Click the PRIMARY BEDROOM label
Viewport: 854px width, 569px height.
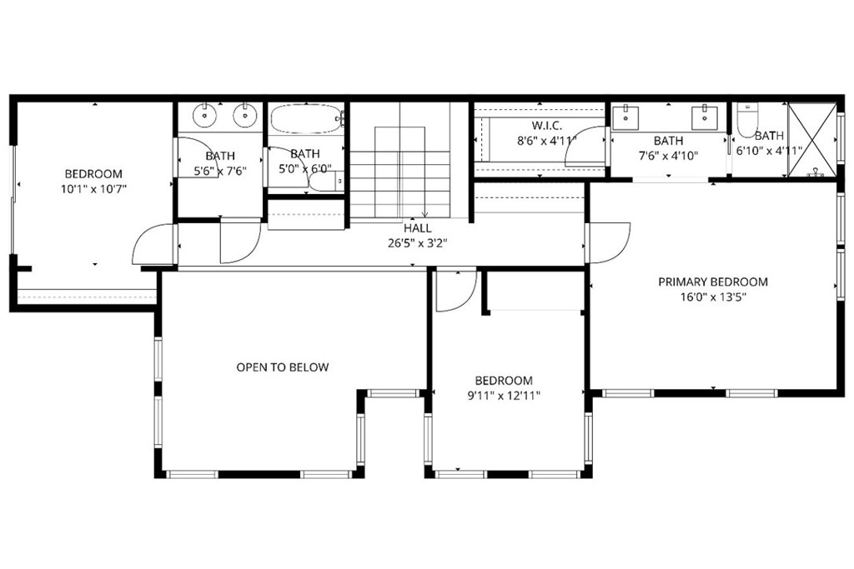coord(712,282)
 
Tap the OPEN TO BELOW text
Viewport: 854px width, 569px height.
coord(282,367)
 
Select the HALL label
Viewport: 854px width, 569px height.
coord(417,227)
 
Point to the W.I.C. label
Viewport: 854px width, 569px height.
coord(547,126)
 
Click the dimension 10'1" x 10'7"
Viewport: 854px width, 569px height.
coord(93,188)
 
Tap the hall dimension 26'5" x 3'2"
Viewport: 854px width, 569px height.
coord(417,243)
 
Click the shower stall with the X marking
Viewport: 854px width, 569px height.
coord(811,139)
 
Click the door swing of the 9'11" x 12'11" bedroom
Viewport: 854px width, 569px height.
coord(455,292)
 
